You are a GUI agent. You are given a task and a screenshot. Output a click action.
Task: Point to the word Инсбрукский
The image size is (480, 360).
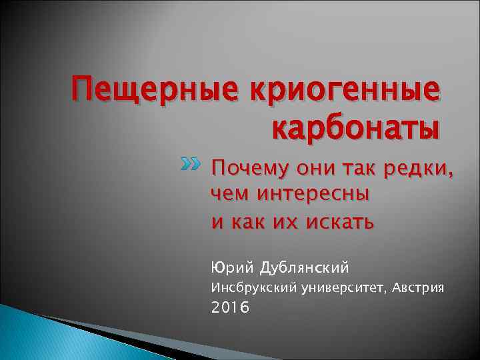243,288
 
